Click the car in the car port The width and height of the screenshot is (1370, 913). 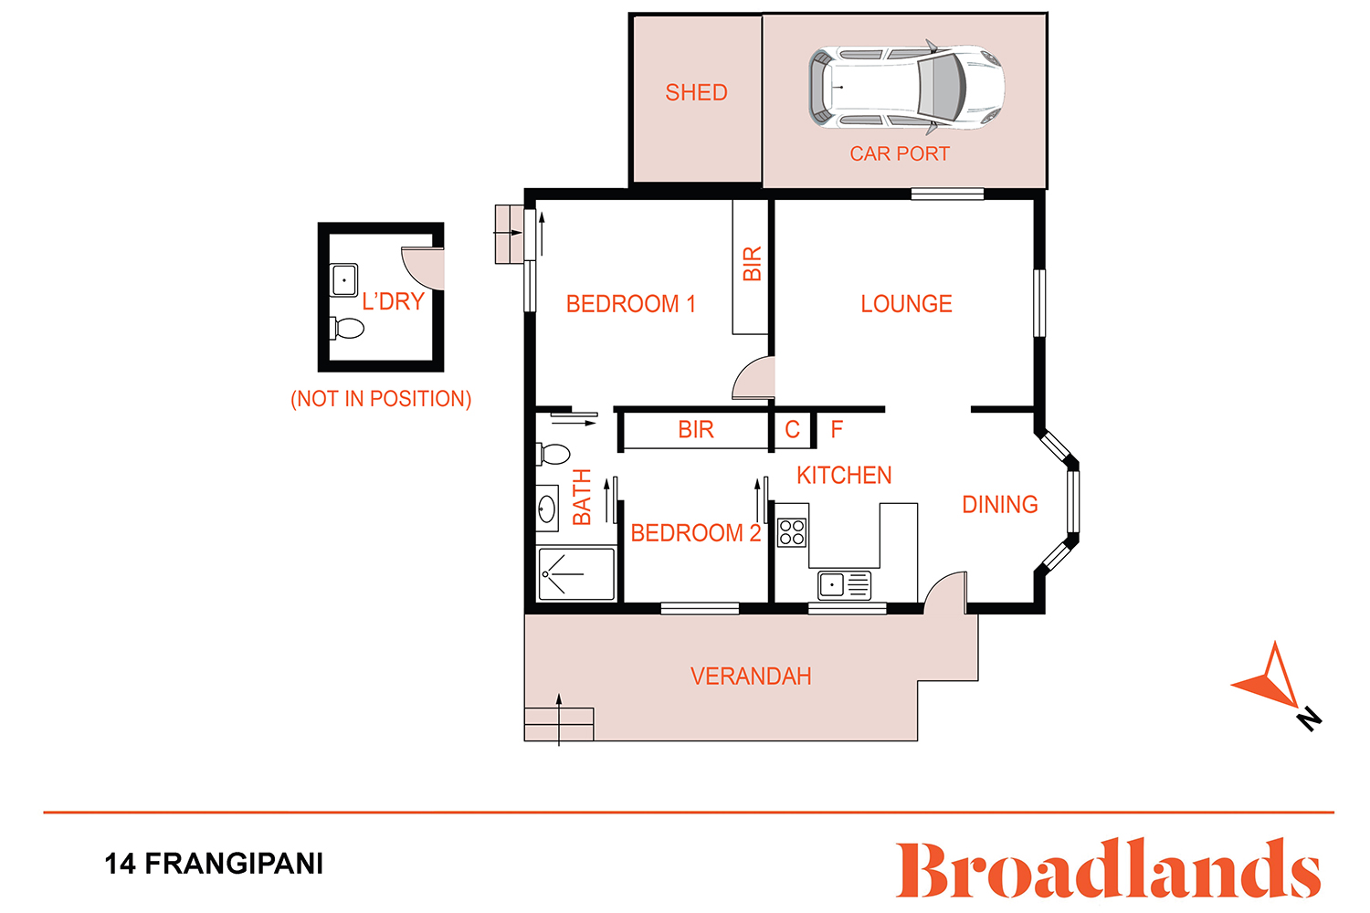[906, 88]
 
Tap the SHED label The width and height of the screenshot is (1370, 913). [696, 92]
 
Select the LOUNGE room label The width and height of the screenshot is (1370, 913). [906, 304]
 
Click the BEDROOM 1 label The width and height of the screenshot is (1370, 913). [630, 304]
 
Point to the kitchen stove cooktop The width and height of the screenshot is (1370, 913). [792, 532]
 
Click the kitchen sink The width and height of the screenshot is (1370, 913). [844, 585]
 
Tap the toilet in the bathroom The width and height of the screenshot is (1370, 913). [553, 455]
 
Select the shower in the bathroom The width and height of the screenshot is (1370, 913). [576, 574]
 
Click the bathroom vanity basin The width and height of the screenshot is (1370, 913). [547, 509]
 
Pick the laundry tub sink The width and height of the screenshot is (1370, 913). [343, 280]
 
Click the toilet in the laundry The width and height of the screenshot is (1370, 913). [347, 329]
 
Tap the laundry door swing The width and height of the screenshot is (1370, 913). [423, 268]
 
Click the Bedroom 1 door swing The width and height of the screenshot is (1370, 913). [753, 378]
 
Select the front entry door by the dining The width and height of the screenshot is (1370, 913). [945, 592]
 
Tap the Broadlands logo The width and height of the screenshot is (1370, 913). [1108, 869]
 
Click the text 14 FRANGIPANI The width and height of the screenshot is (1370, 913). [214, 864]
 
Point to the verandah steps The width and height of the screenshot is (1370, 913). [558, 724]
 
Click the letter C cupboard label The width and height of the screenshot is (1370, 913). [792, 429]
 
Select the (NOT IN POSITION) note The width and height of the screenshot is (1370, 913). [381, 399]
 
